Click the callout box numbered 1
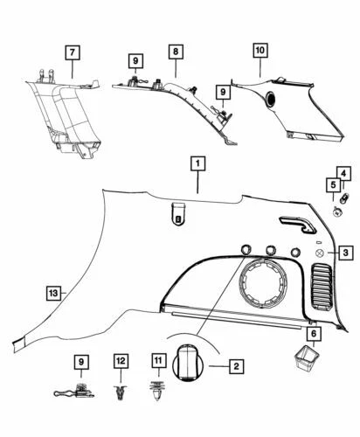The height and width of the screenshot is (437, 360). pyautogui.click(x=198, y=164)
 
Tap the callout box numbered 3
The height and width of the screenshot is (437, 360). pyautogui.click(x=345, y=253)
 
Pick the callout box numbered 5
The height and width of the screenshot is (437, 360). pyautogui.click(x=333, y=185)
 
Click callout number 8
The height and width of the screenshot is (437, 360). pyautogui.click(x=176, y=52)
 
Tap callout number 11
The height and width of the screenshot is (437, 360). pyautogui.click(x=158, y=359)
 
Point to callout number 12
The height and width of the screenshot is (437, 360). pyautogui.click(x=121, y=359)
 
